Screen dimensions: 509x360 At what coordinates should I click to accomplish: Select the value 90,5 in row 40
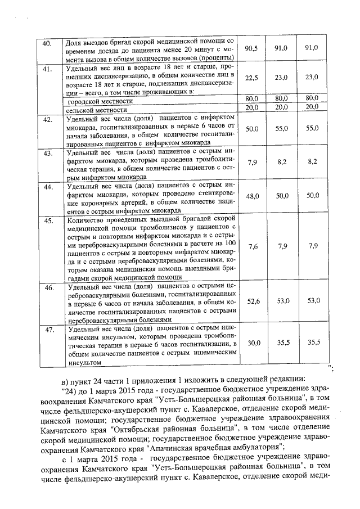point(251,49)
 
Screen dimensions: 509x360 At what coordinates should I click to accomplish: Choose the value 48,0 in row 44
point(251,196)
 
